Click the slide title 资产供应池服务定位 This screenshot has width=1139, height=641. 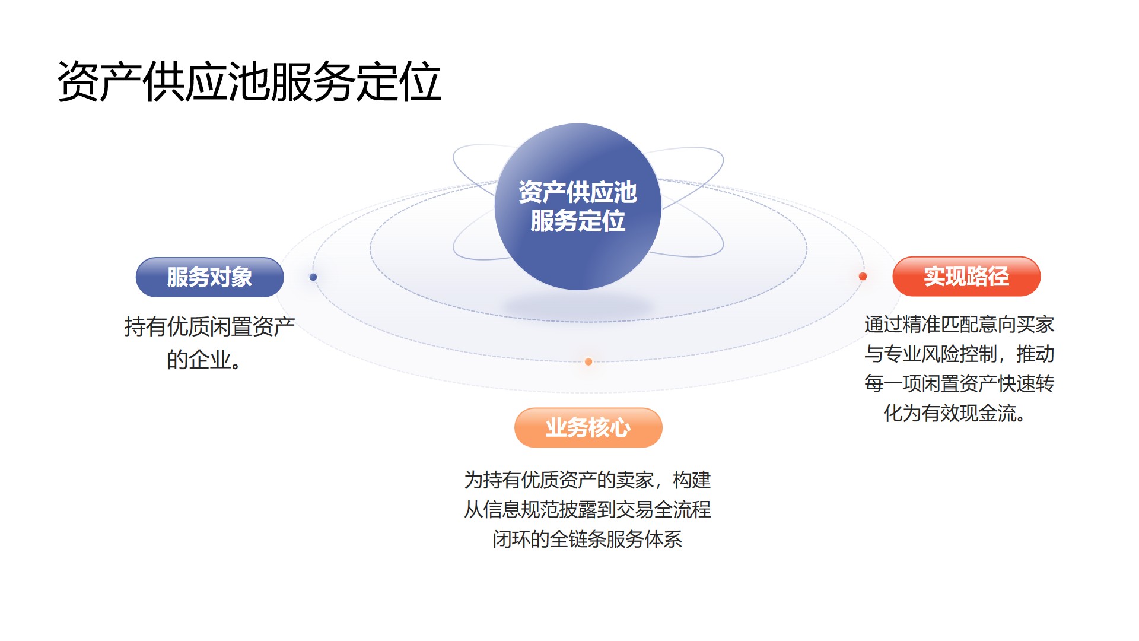pyautogui.click(x=249, y=82)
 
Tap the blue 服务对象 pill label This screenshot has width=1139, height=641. pyautogui.click(x=209, y=277)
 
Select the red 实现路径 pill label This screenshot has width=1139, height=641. pyautogui.click(x=966, y=277)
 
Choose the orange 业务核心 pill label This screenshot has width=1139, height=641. pyautogui.click(x=588, y=427)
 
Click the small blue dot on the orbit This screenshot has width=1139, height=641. pyautogui.click(x=313, y=277)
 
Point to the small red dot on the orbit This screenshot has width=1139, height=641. pyautogui.click(x=863, y=277)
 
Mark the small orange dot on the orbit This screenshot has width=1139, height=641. pyautogui.click(x=588, y=361)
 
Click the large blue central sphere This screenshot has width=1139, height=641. pyautogui.click(x=578, y=207)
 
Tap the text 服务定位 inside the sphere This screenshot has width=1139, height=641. pyautogui.click(x=578, y=221)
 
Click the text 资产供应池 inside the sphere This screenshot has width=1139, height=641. pyautogui.click(x=578, y=192)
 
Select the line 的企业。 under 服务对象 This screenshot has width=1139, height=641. pyautogui.click(x=205, y=360)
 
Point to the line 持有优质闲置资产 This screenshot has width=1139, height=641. pyautogui.click(x=209, y=326)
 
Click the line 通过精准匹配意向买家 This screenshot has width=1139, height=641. pyautogui.click(x=959, y=325)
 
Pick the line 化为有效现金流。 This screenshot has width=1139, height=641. pyautogui.click(x=955, y=413)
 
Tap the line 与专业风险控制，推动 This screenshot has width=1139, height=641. pyautogui.click(x=959, y=354)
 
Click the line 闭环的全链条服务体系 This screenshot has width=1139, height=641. pyautogui.click(x=587, y=539)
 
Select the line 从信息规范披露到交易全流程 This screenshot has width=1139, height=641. pyautogui.click(x=587, y=509)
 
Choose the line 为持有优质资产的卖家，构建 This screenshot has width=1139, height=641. pyautogui.click(x=587, y=480)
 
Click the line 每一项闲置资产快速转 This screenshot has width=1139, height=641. pyautogui.click(x=959, y=383)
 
